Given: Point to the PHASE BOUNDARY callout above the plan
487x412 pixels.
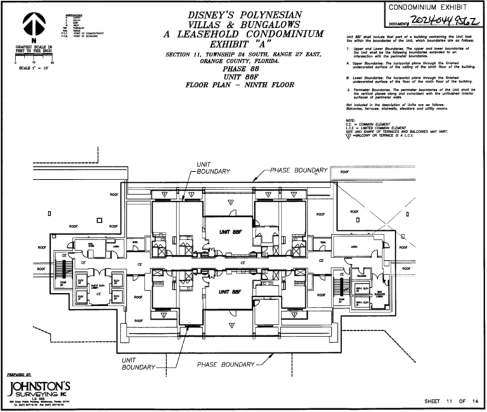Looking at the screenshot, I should (299, 171).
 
